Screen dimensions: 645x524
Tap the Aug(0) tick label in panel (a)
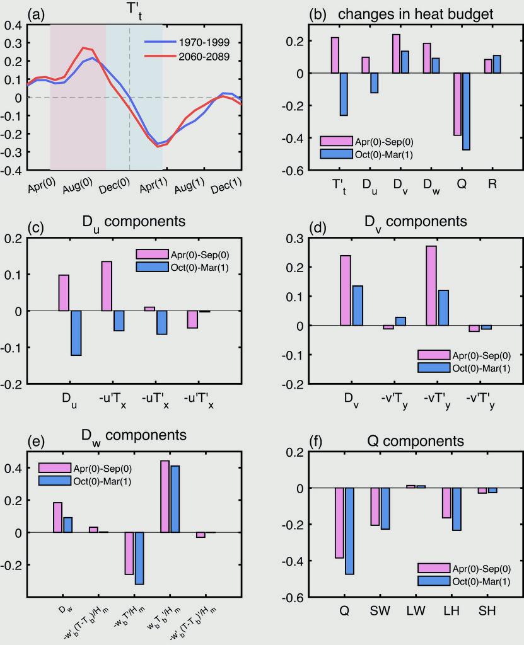79,185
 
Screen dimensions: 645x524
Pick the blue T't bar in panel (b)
344,94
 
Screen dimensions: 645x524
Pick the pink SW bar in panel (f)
375,507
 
